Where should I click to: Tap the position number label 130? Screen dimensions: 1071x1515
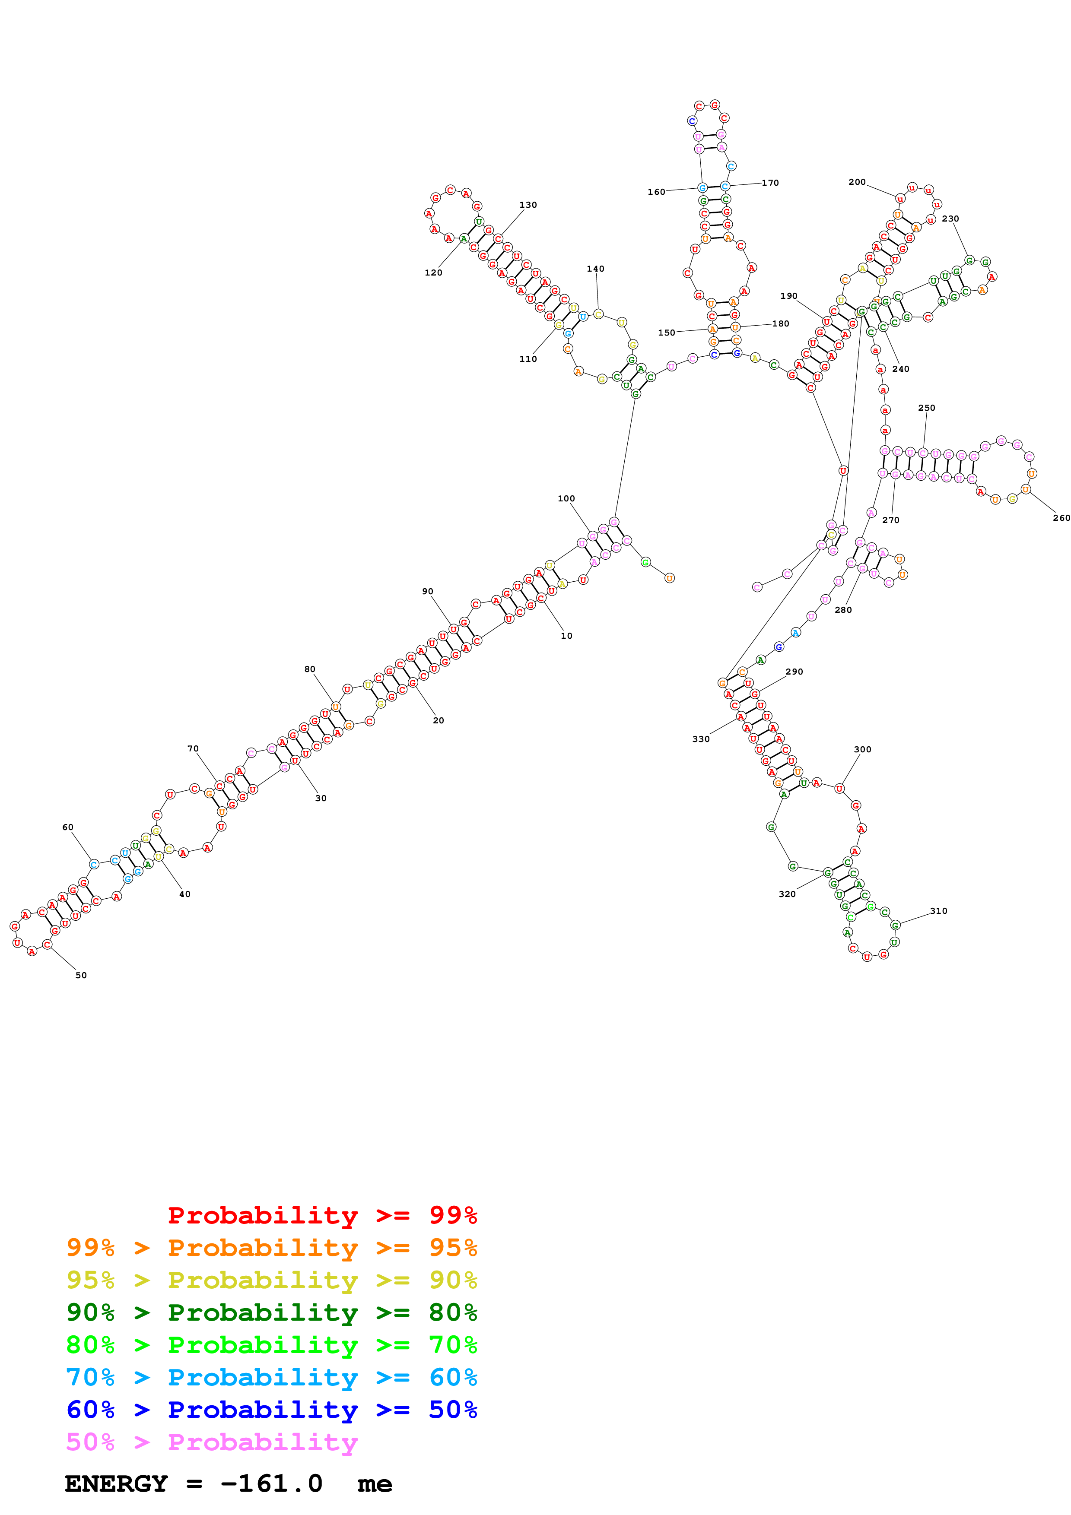528,205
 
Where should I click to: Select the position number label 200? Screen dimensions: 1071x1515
857,182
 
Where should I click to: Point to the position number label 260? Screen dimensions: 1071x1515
1061,518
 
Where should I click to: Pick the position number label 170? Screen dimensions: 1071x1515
770,183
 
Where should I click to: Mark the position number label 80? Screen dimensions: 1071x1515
309,669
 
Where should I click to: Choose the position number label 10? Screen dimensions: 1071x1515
566,635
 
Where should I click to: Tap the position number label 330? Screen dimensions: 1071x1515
701,739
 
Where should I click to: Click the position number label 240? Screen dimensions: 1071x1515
900,369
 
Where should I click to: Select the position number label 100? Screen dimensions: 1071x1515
566,499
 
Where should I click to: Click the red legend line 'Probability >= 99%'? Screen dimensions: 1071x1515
322,1215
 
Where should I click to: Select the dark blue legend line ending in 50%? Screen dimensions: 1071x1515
271,1410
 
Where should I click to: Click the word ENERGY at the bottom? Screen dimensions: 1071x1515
116,1483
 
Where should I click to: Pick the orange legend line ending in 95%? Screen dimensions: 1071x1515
271,1248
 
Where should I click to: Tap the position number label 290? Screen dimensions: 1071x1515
794,672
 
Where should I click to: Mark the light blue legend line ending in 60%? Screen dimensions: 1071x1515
271,1377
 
